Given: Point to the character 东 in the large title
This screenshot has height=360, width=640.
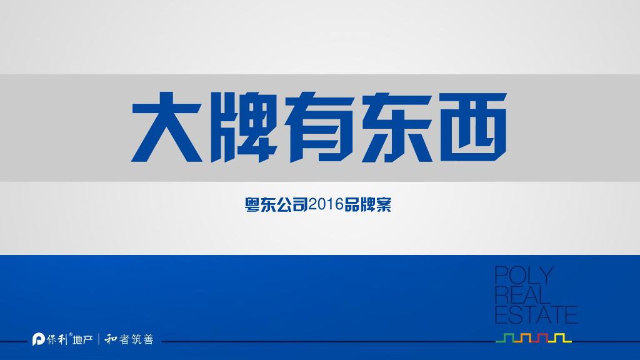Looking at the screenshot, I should click(396, 127).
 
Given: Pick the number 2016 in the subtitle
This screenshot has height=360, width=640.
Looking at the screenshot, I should click(326, 204).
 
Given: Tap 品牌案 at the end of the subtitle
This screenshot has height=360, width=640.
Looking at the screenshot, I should click(368, 204).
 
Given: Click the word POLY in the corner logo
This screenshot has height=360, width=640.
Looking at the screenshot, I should click(521, 276).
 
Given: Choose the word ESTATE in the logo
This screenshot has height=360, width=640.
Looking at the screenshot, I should click(536, 314).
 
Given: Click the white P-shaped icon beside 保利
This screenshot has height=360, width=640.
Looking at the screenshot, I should click(39, 340).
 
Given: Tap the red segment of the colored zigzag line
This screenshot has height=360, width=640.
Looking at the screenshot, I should click(543, 338).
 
